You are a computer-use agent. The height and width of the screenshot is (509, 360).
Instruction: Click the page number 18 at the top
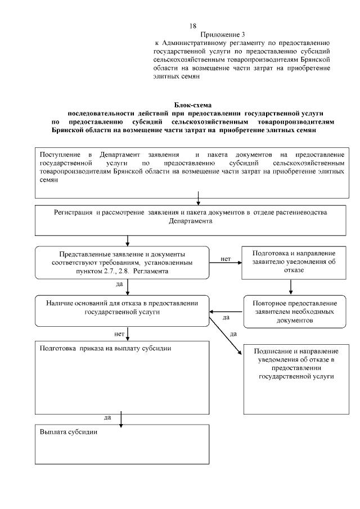[193, 26]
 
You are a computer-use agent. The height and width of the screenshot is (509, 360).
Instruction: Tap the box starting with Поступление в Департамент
[192, 172]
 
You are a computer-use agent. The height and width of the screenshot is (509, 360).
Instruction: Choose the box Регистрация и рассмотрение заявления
[191, 220]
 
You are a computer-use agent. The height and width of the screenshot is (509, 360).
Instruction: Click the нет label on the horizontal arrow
[226, 259]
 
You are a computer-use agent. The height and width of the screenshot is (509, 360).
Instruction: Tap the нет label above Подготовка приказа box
[119, 334]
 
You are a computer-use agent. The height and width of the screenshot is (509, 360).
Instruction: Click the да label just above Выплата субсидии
[107, 417]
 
